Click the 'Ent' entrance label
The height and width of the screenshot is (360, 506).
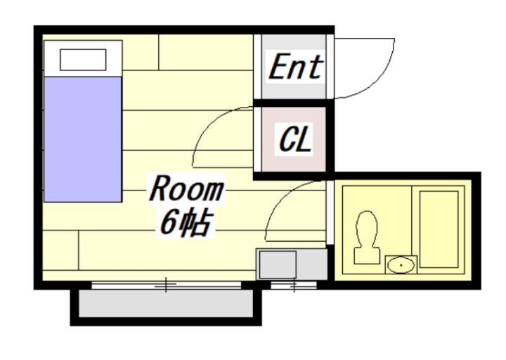pos(295,67)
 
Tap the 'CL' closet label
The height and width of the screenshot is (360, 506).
pos(295,139)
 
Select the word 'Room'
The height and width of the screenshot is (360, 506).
pos(186,189)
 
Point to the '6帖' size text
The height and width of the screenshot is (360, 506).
pos(186,223)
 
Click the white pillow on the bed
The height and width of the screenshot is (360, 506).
pos(83,60)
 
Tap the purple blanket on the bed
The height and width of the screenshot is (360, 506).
pos(83,139)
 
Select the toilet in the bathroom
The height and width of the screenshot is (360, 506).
pos(367,238)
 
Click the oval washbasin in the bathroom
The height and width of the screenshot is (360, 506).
pos(401,265)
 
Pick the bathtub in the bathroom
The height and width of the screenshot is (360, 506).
pos(439,229)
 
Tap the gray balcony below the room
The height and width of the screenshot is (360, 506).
pos(166,303)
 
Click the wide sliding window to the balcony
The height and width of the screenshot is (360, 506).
pos(166,285)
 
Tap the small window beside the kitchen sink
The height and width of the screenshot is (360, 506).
pos(294,285)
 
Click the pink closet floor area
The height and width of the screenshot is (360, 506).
pos(294,139)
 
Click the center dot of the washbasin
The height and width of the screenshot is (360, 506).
pos(401,265)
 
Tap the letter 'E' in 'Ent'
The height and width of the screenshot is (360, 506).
pos(278,67)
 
